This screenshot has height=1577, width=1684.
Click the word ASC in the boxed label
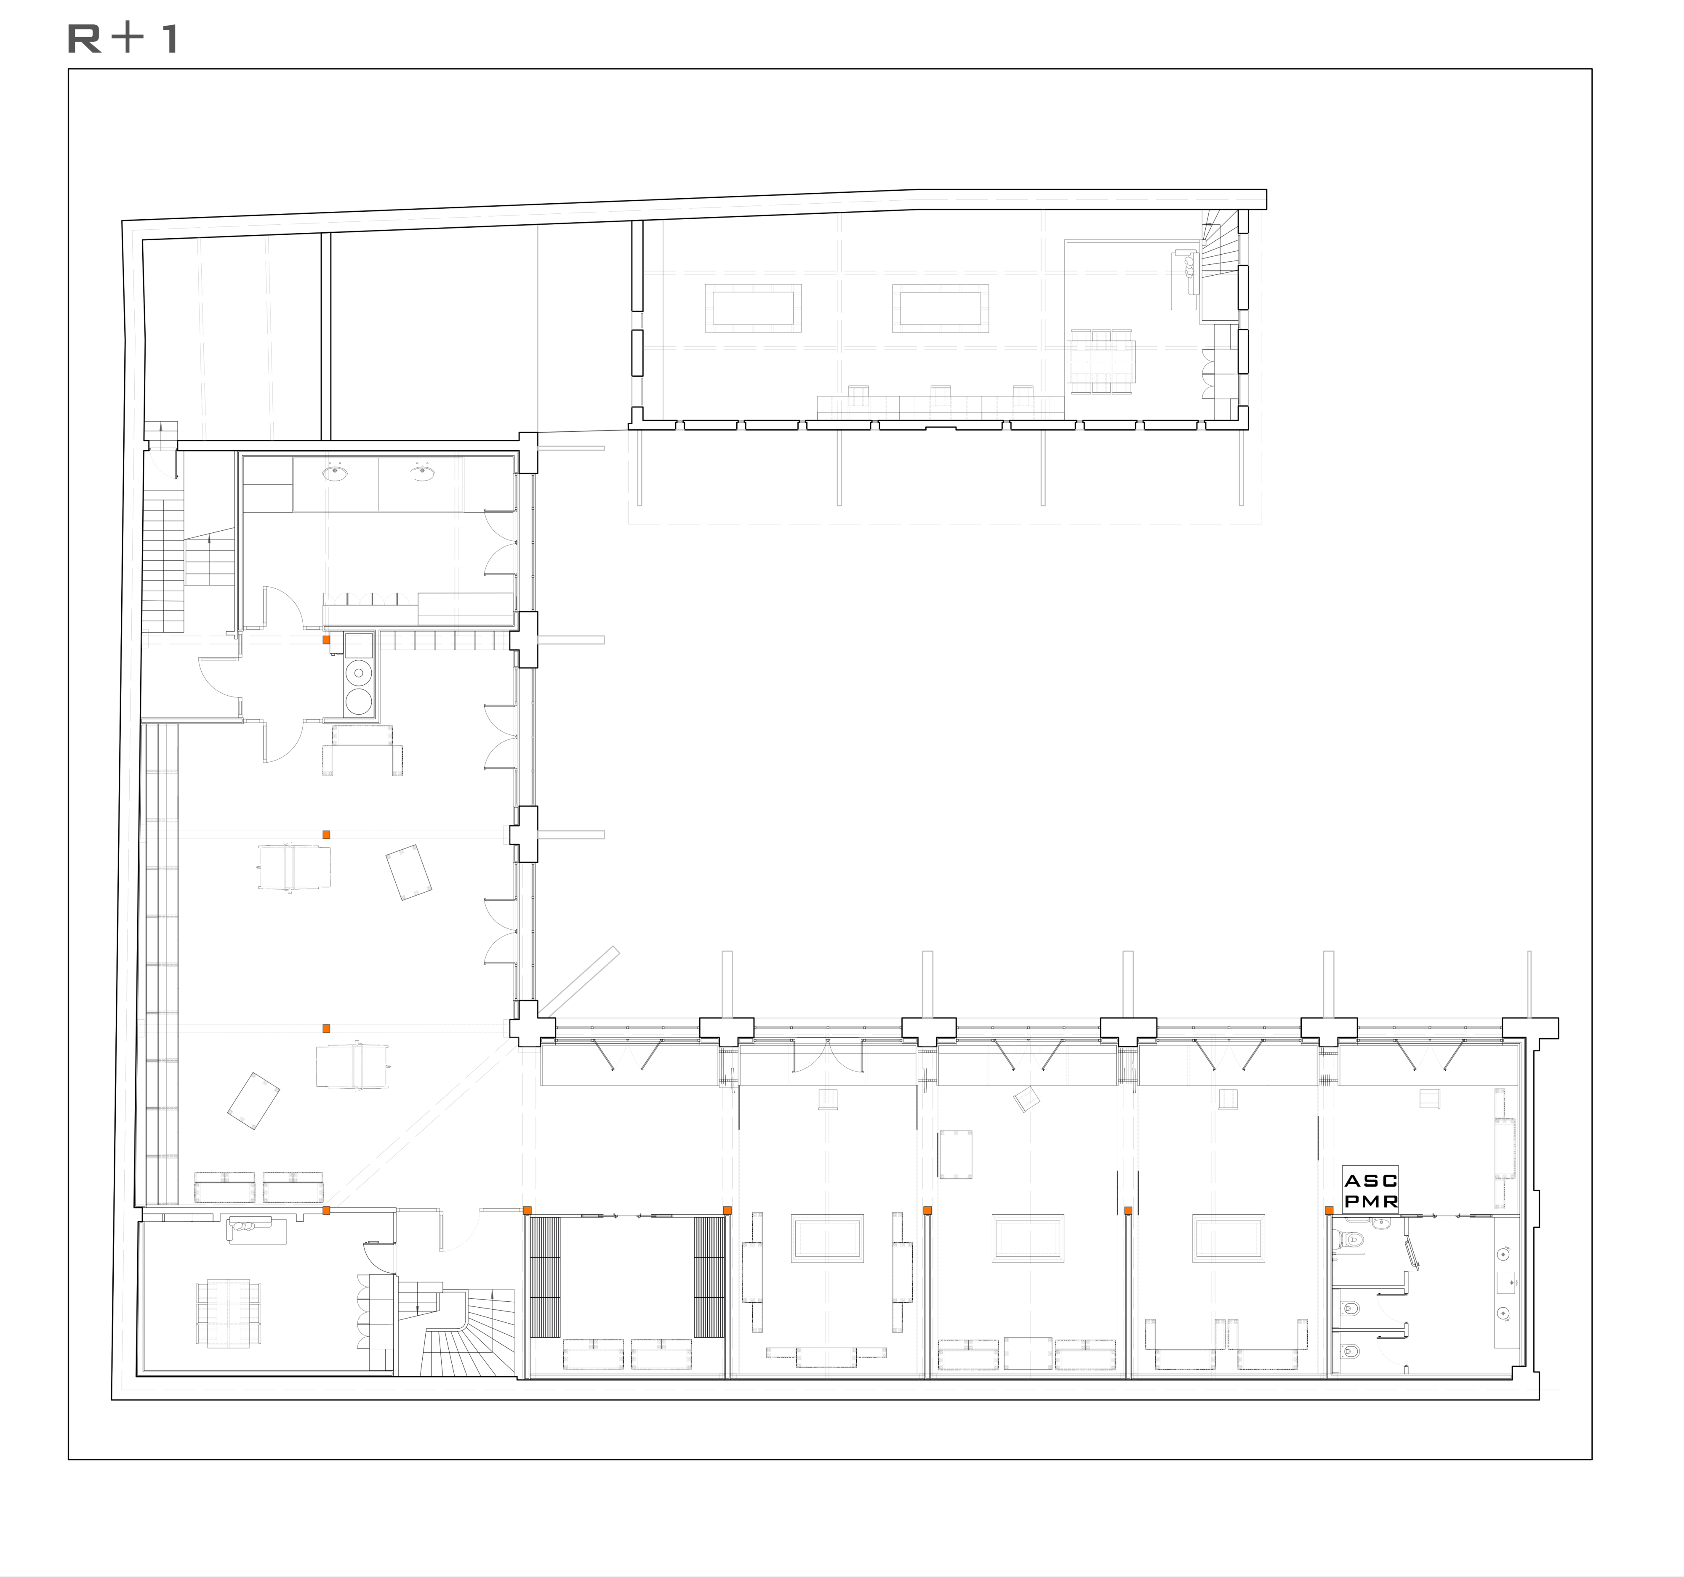(1371, 1181)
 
